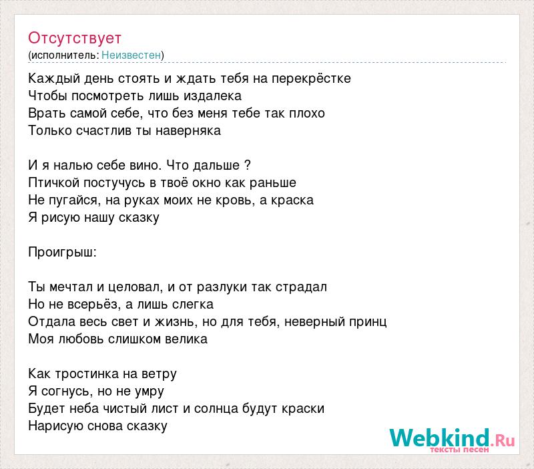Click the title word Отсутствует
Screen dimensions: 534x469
point(75,38)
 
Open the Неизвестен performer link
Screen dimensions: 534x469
point(131,55)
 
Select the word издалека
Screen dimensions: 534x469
point(212,96)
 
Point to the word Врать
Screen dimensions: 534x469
point(47,113)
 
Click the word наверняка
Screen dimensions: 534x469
point(188,131)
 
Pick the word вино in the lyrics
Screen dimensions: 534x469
point(146,165)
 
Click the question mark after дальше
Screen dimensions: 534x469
point(248,165)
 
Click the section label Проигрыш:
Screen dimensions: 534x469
point(62,253)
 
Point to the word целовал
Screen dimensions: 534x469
point(136,287)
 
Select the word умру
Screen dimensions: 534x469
point(149,392)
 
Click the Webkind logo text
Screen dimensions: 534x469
point(452,438)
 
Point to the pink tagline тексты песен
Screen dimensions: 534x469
point(459,450)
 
